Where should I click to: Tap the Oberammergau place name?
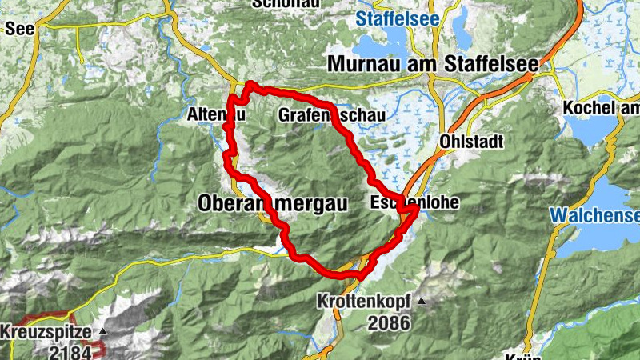[x=272, y=205]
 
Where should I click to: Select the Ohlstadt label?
[x=471, y=142]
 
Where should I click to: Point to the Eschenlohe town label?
[x=414, y=203]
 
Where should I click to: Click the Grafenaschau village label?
[x=331, y=116]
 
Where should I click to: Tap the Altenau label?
[x=214, y=115]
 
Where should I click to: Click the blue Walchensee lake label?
[x=596, y=215]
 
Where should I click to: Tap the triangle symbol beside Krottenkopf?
[x=421, y=302]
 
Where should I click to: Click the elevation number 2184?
[x=70, y=351]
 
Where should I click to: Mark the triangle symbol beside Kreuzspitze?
[x=102, y=331]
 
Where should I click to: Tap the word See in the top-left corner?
[x=18, y=30]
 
